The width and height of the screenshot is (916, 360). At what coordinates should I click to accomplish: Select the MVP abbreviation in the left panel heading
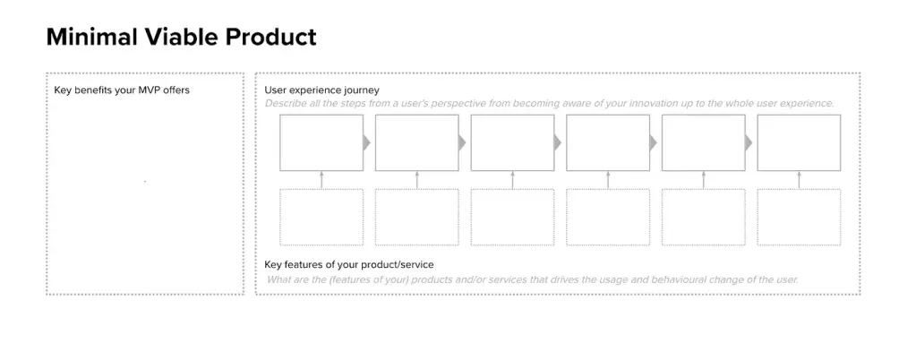(x=150, y=90)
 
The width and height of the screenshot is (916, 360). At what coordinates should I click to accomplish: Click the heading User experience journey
(x=321, y=90)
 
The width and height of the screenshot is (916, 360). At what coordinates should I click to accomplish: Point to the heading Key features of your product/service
(x=349, y=265)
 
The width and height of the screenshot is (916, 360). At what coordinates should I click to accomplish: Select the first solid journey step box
(x=321, y=142)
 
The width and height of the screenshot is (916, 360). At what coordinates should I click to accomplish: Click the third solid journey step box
(x=512, y=142)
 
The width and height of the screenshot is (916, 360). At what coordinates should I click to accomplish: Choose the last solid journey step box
(x=799, y=142)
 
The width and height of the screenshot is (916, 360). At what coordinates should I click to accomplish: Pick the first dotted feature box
(x=321, y=217)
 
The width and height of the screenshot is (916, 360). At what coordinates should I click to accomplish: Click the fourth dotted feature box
(x=608, y=217)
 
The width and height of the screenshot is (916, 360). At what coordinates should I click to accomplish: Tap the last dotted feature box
(x=799, y=217)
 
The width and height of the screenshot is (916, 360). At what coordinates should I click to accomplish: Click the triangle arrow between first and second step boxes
(x=367, y=142)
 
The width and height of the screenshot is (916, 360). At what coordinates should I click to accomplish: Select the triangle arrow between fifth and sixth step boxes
(x=749, y=142)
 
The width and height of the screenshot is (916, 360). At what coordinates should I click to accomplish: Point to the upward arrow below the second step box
(x=416, y=180)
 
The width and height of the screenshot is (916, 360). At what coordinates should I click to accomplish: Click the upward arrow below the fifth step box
(x=704, y=180)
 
